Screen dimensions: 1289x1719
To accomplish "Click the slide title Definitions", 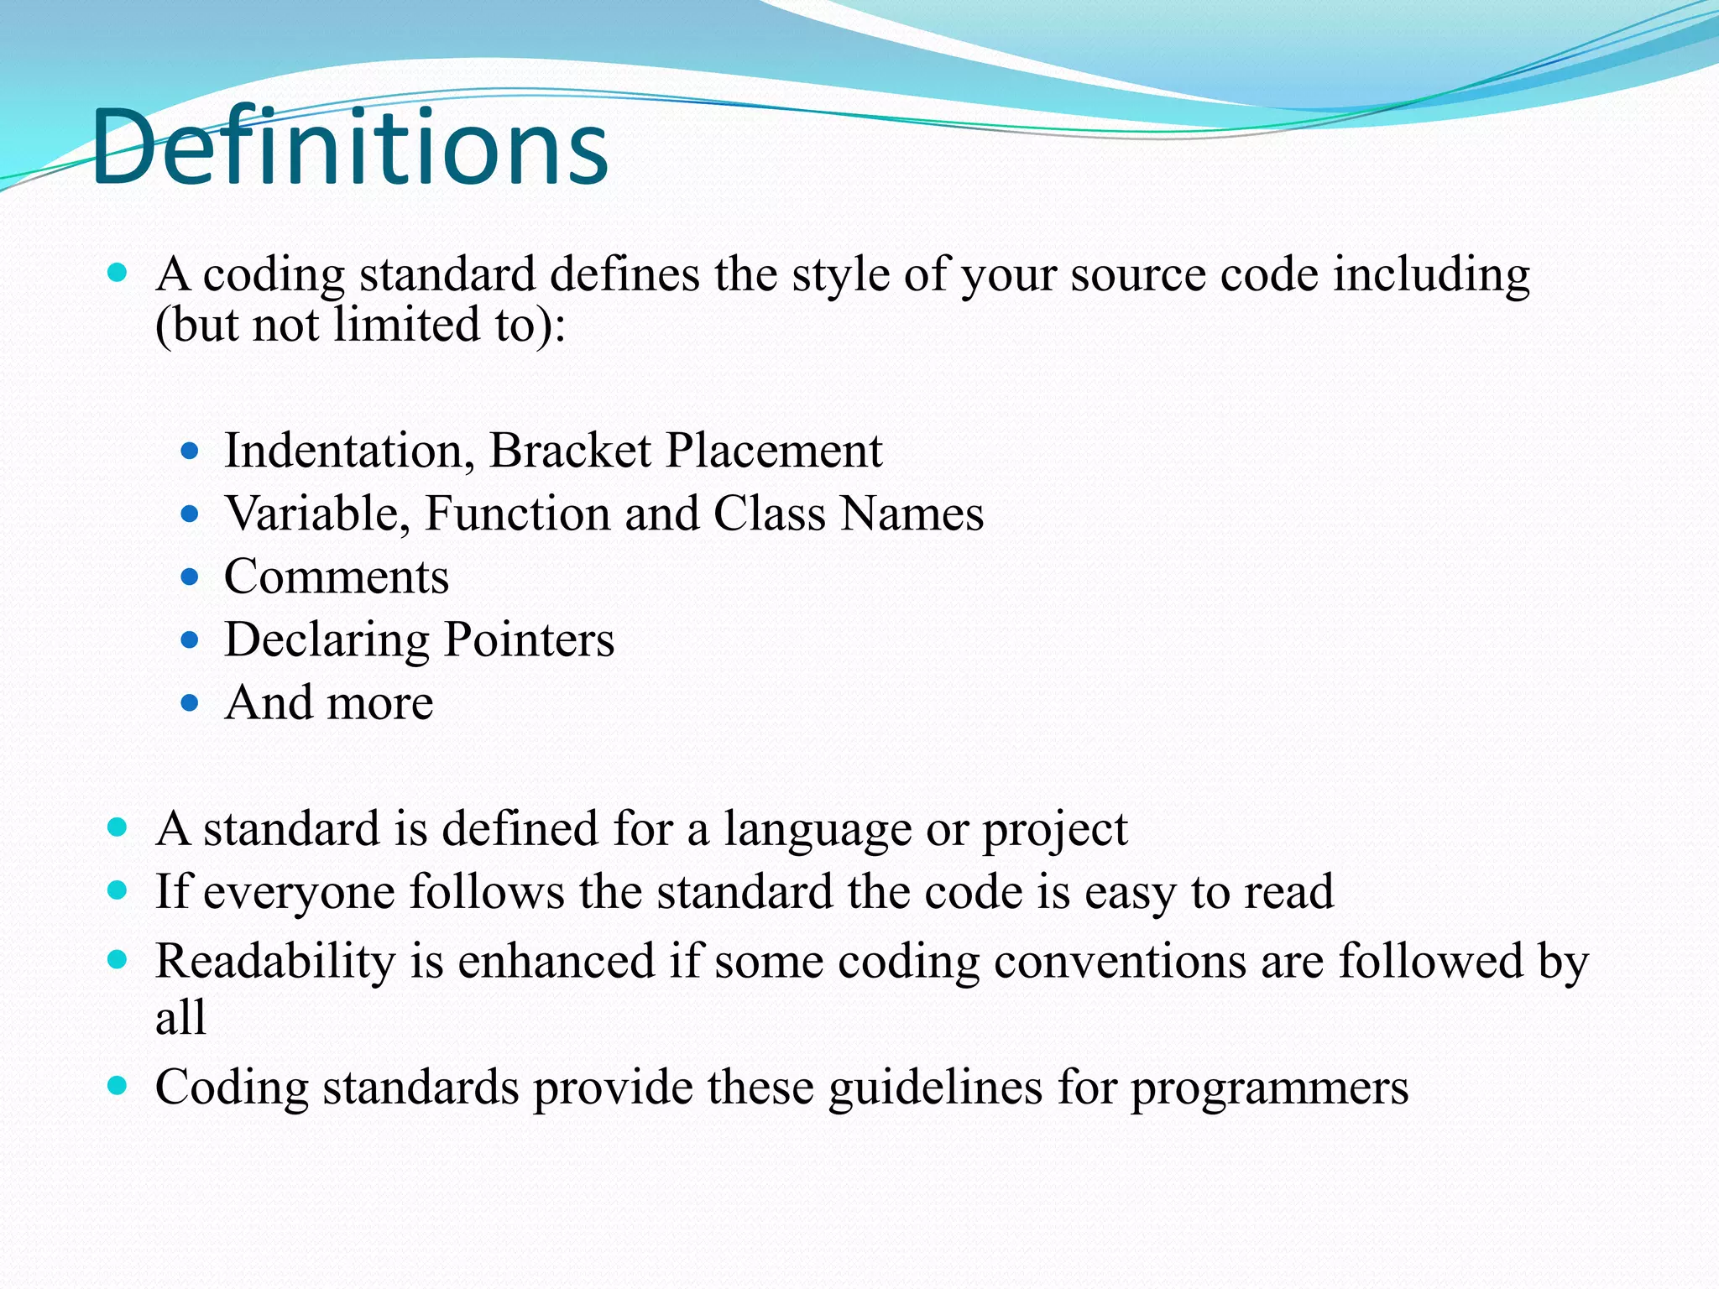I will pos(349,149).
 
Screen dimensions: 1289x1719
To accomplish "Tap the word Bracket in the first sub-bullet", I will pos(570,451).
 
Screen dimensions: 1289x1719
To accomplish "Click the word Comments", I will pos(337,577).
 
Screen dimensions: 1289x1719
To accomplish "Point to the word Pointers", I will pos(529,640).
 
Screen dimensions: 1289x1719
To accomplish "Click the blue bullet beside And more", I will pos(190,702).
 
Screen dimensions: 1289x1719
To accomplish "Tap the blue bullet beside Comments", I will pos(190,577).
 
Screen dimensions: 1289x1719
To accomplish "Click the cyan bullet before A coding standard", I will pos(118,273).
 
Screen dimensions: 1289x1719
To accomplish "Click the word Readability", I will pos(275,961).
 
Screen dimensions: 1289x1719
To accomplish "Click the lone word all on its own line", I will pos(180,1017).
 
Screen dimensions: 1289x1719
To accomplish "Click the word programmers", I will pos(1269,1088).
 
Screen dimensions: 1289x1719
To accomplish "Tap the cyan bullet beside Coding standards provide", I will pos(118,1086).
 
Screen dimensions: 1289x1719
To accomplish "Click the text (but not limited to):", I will pos(361,325).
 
